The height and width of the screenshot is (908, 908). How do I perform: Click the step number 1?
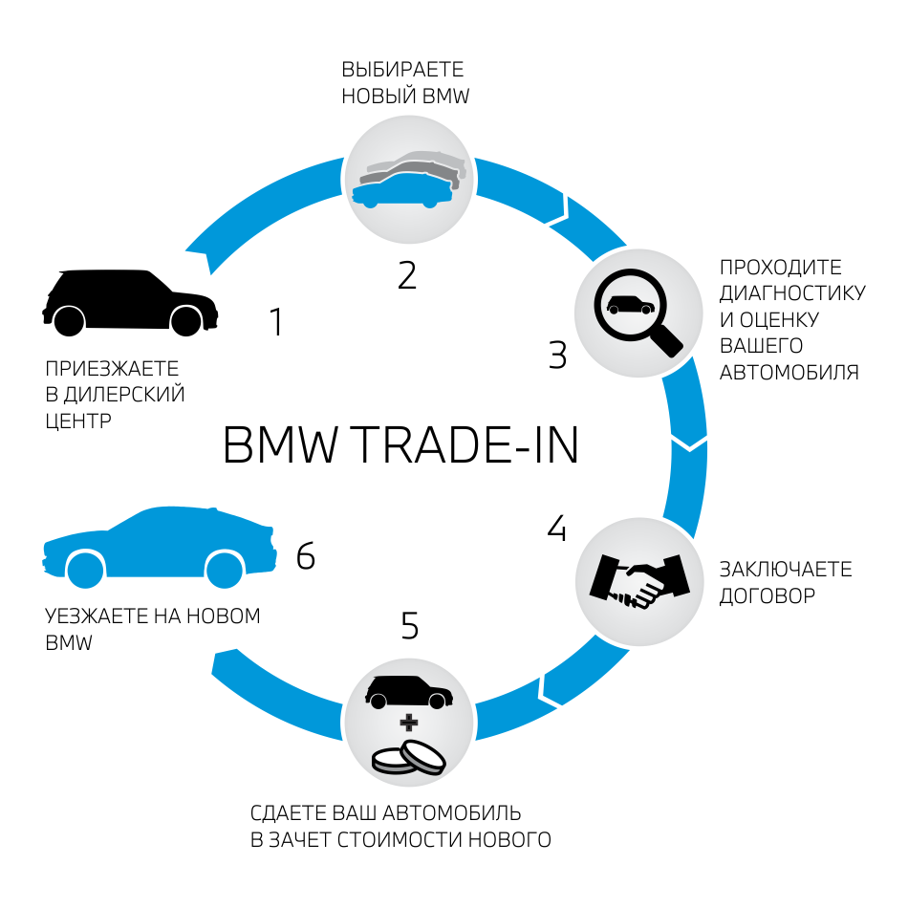tap(277, 322)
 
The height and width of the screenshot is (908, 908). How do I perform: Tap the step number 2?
tap(407, 275)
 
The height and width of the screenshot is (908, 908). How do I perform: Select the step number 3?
tap(558, 355)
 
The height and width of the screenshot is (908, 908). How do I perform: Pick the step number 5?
tap(410, 626)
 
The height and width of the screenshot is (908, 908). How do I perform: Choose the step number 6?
tap(306, 555)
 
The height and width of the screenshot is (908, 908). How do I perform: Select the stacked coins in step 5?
tap(409, 757)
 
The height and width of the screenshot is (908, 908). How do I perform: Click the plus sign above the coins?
tap(409, 721)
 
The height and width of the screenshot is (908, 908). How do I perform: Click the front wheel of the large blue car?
tap(225, 570)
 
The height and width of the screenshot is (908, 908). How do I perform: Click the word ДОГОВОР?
tap(767, 596)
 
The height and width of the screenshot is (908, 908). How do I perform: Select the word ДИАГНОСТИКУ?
tap(792, 292)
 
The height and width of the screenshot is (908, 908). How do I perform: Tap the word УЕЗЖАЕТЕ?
tap(94, 616)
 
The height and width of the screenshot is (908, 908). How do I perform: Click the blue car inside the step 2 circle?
tap(401, 191)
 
